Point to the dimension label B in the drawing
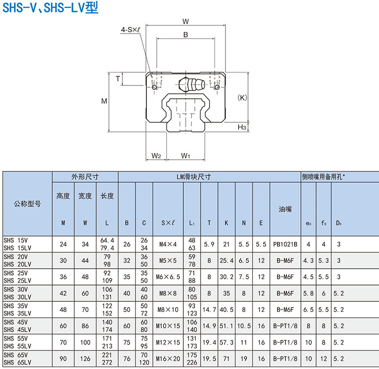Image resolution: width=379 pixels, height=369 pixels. click(x=186, y=35)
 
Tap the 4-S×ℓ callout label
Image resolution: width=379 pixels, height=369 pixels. click(x=130, y=30)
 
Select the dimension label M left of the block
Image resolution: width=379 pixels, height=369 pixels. click(x=104, y=101)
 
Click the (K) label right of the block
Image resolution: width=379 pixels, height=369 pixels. click(x=242, y=97)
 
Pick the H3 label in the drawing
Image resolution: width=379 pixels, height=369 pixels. click(x=242, y=127)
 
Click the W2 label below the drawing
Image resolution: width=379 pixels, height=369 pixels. click(x=156, y=155)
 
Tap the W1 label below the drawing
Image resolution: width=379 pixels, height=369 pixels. click(x=186, y=155)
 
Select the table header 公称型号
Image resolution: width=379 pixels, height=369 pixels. click(x=27, y=203)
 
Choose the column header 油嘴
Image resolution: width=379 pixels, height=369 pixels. click(x=285, y=209)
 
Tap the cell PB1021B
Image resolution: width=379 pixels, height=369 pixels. click(x=285, y=244)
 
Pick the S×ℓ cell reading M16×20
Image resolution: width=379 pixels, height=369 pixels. click(x=167, y=358)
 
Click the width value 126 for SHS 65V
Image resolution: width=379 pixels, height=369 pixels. click(x=85, y=358)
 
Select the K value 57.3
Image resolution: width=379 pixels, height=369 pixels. click(x=226, y=342)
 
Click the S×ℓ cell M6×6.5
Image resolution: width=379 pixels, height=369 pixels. click(x=167, y=277)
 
